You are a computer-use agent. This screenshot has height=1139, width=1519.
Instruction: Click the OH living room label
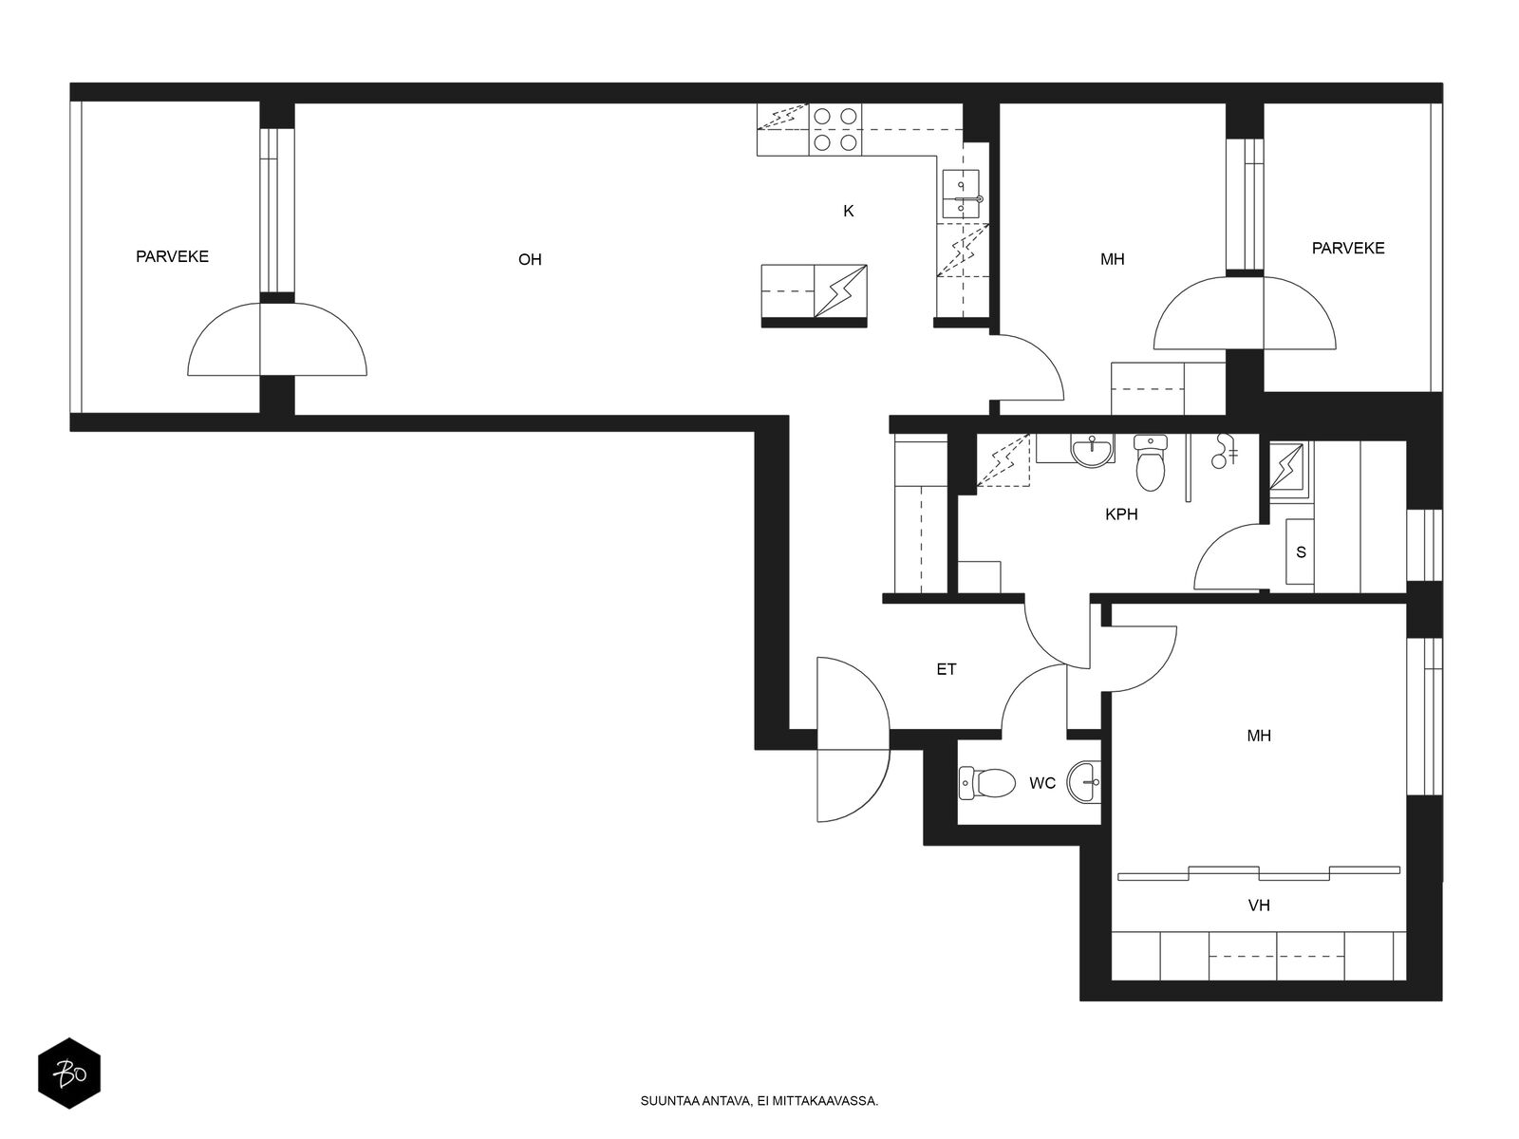pyautogui.click(x=530, y=259)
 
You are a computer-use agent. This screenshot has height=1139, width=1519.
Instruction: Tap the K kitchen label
pyautogui.click(x=849, y=211)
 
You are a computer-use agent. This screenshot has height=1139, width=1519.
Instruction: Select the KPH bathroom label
pyautogui.click(x=1121, y=513)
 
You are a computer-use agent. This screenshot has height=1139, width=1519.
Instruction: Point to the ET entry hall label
pyautogui.click(x=946, y=669)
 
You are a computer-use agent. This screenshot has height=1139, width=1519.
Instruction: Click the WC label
pyautogui.click(x=1042, y=783)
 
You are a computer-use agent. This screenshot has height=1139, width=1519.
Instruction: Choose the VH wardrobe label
pyautogui.click(x=1259, y=906)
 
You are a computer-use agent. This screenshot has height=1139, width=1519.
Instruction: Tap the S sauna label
pyautogui.click(x=1301, y=551)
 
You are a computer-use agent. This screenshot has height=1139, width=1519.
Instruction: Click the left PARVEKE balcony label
pyautogui.click(x=172, y=256)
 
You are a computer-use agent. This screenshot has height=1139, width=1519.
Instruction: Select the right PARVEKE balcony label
pyautogui.click(x=1348, y=249)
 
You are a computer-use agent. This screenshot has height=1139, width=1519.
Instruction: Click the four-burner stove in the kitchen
pyautogui.click(x=835, y=129)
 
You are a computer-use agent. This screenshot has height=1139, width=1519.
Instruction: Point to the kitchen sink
pyautogui.click(x=961, y=194)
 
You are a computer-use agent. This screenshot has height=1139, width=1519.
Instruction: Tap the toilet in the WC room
pyautogui.click(x=986, y=783)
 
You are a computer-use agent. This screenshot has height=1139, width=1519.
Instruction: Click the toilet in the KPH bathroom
pyautogui.click(x=1150, y=462)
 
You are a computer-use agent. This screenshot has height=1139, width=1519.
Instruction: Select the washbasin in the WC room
pyautogui.click(x=1084, y=781)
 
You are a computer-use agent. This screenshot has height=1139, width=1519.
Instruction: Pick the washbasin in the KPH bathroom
pyautogui.click(x=1092, y=450)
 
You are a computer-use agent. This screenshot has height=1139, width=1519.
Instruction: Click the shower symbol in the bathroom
pyautogui.click(x=1224, y=451)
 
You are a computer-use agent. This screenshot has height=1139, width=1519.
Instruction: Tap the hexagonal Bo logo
pyautogui.click(x=69, y=1074)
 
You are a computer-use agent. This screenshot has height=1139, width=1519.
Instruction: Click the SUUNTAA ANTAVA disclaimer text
pyautogui.click(x=759, y=1101)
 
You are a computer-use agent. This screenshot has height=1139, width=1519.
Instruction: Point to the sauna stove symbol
pyautogui.click(x=1288, y=467)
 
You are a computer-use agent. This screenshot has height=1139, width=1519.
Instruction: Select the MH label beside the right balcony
pyautogui.click(x=1112, y=259)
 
